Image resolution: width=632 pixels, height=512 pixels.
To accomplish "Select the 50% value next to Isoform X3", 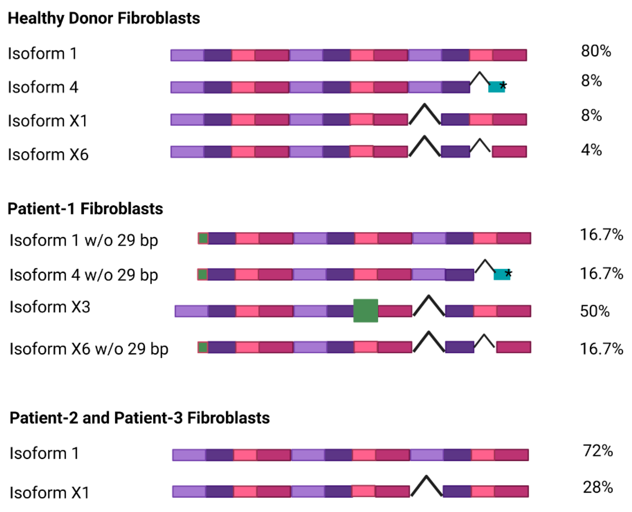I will tap(594, 311).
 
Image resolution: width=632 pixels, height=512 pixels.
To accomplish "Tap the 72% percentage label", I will tap(597, 451).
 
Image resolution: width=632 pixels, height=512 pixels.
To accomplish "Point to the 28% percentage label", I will tap(597, 487).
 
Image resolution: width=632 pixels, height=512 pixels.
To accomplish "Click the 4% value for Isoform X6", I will tap(591, 150).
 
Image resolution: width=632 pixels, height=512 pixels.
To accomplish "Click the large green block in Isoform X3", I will tap(365, 311).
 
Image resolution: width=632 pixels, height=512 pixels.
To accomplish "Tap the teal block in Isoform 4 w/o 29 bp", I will tap(500, 275).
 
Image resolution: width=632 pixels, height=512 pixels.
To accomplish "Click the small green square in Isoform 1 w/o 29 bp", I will tap(203, 238).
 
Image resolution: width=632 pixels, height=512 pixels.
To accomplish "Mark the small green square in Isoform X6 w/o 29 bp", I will tap(203, 347).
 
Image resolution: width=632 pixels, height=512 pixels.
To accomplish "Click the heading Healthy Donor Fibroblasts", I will tap(104, 18).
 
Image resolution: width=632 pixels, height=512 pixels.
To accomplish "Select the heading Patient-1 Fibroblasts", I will tap(85, 209).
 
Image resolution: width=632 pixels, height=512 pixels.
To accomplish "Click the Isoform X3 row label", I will tap(50, 307).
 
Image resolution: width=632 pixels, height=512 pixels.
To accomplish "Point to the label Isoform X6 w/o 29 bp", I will tap(89, 349).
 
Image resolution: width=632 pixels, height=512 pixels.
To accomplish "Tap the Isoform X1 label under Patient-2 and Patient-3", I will tap(49, 492).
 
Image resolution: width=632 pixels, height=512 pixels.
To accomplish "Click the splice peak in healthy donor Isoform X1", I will tap(425, 113).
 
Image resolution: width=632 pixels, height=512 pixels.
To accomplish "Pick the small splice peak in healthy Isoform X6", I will tap(480, 144).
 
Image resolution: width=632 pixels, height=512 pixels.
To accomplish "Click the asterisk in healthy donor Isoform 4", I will tap(503, 86).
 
